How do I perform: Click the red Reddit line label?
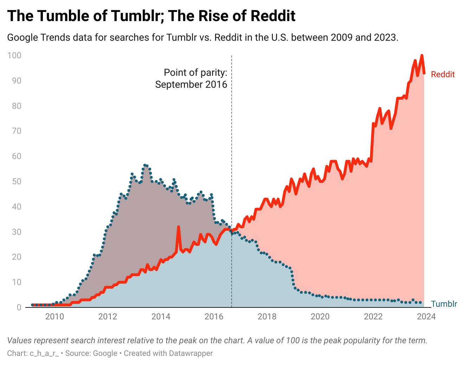(443, 74)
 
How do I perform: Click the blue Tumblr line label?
(444, 304)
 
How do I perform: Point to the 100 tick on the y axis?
(14, 55)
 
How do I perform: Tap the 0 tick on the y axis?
(19, 307)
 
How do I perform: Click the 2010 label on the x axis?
(54, 317)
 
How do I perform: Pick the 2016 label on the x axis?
(214, 317)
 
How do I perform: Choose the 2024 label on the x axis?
(426, 317)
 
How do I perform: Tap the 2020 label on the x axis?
(320, 317)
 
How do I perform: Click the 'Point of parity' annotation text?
(195, 73)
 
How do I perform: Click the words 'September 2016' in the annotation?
(191, 85)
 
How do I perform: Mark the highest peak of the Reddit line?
(422, 55)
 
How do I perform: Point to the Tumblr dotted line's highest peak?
(145, 165)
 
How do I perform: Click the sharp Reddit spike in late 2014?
(179, 227)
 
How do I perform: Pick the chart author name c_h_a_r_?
(44, 353)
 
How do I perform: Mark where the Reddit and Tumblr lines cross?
(231, 231)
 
